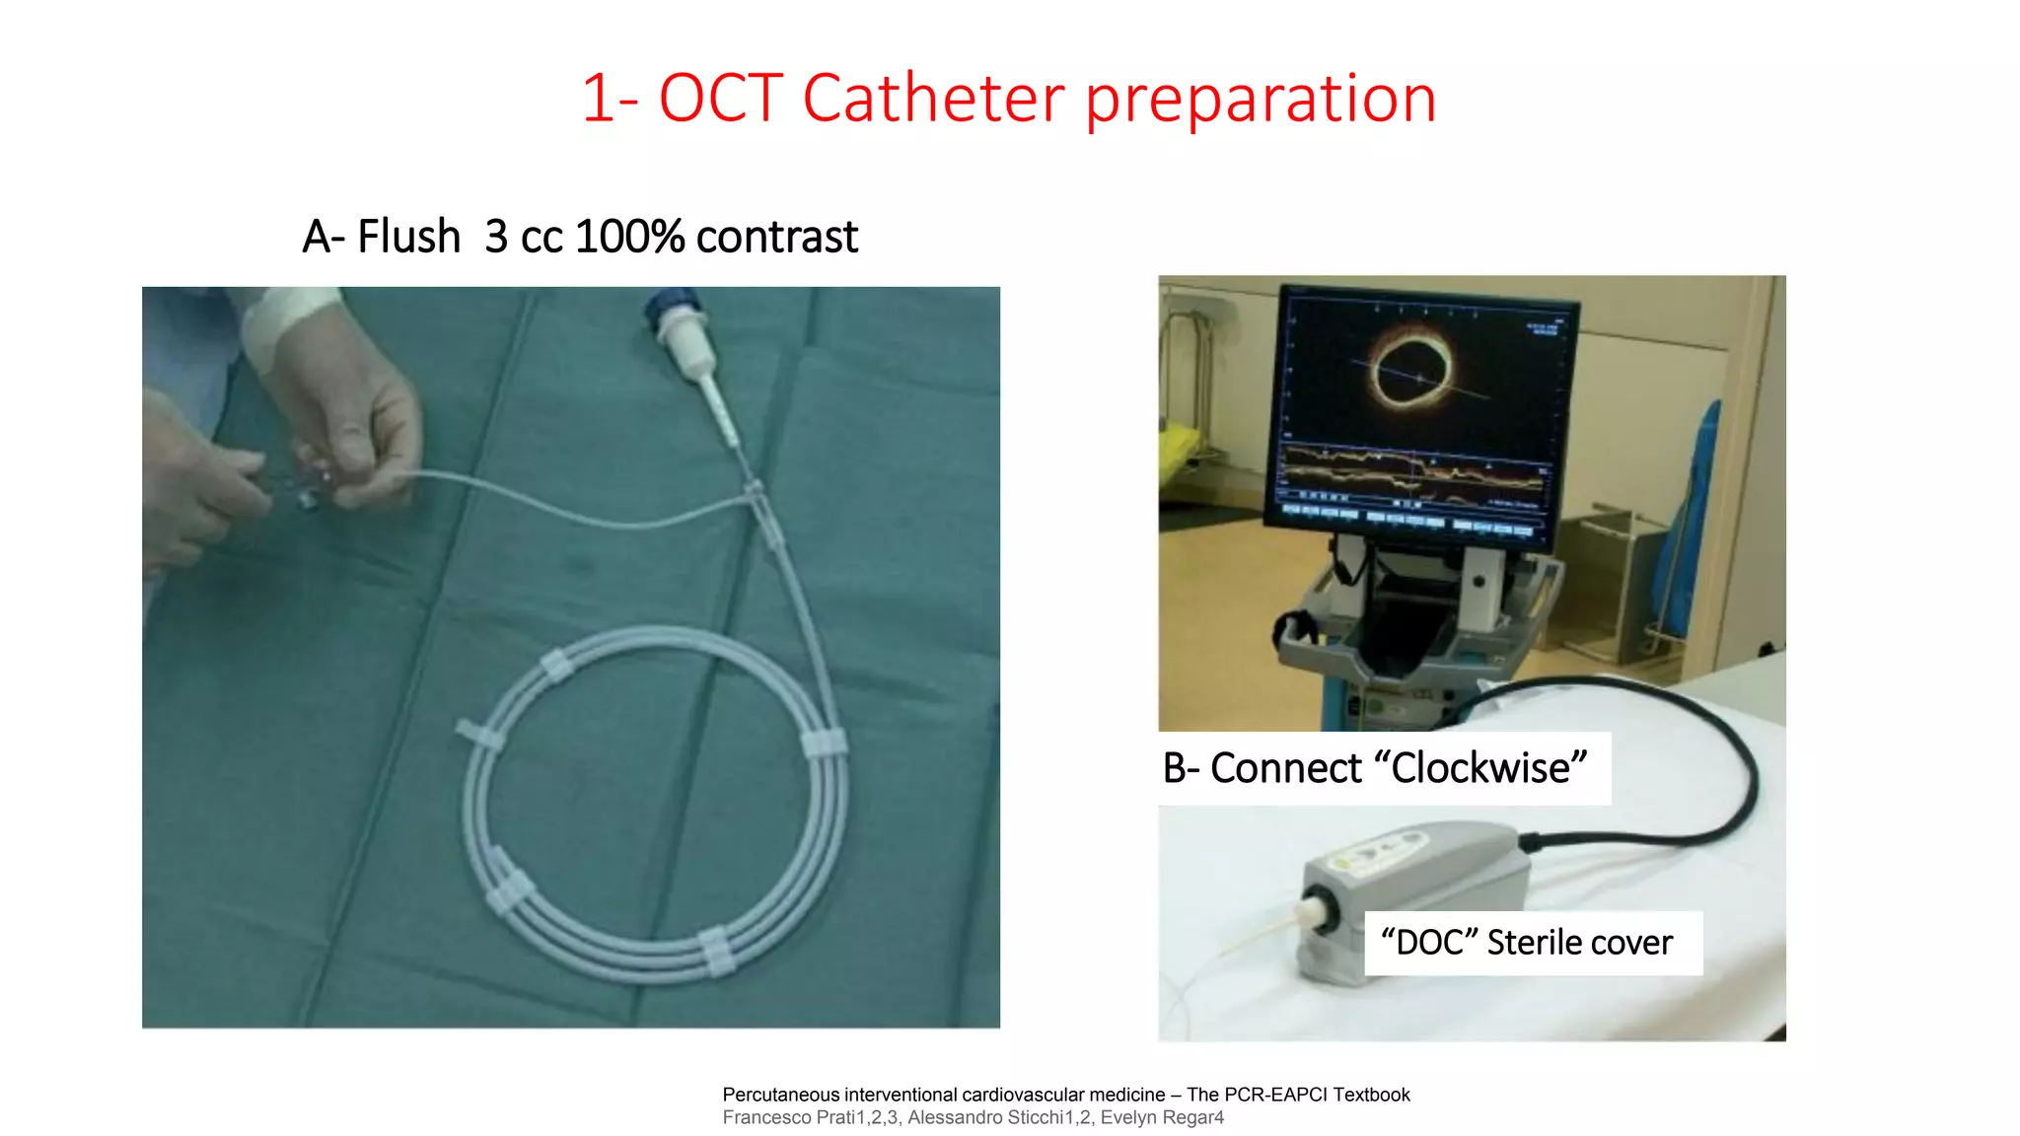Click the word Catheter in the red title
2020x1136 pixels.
click(932, 99)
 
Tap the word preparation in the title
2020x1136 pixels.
click(1260, 101)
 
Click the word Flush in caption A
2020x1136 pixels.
click(408, 237)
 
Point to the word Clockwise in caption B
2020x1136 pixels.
click(1479, 768)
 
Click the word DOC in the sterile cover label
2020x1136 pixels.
click(1428, 943)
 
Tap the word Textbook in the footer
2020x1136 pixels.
click(1371, 1095)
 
